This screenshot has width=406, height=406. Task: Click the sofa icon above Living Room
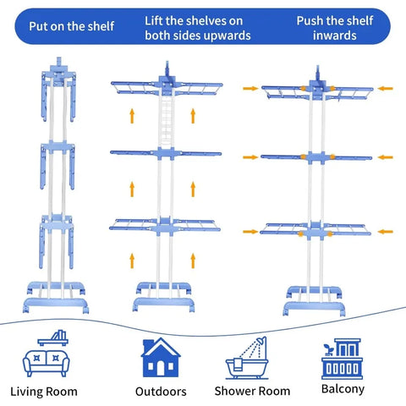click(46, 364)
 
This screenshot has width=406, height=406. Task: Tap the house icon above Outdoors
click(161, 357)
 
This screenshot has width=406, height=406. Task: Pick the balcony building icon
click(342, 359)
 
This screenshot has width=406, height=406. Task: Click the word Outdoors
click(161, 392)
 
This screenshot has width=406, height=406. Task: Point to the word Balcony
click(343, 389)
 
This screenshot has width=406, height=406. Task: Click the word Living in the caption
click(25, 392)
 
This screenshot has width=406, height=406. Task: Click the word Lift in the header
click(153, 21)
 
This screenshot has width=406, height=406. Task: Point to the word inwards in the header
click(335, 36)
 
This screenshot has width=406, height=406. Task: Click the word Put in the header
click(38, 26)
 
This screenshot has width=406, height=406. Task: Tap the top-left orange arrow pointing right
click(250, 89)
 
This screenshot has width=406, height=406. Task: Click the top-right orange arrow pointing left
click(385, 89)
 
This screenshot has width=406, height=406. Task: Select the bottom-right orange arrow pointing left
click(385, 232)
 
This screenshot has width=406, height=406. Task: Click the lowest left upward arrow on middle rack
click(132, 261)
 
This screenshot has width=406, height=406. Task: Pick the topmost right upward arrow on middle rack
click(193, 116)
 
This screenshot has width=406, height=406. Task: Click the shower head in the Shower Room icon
click(261, 340)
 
